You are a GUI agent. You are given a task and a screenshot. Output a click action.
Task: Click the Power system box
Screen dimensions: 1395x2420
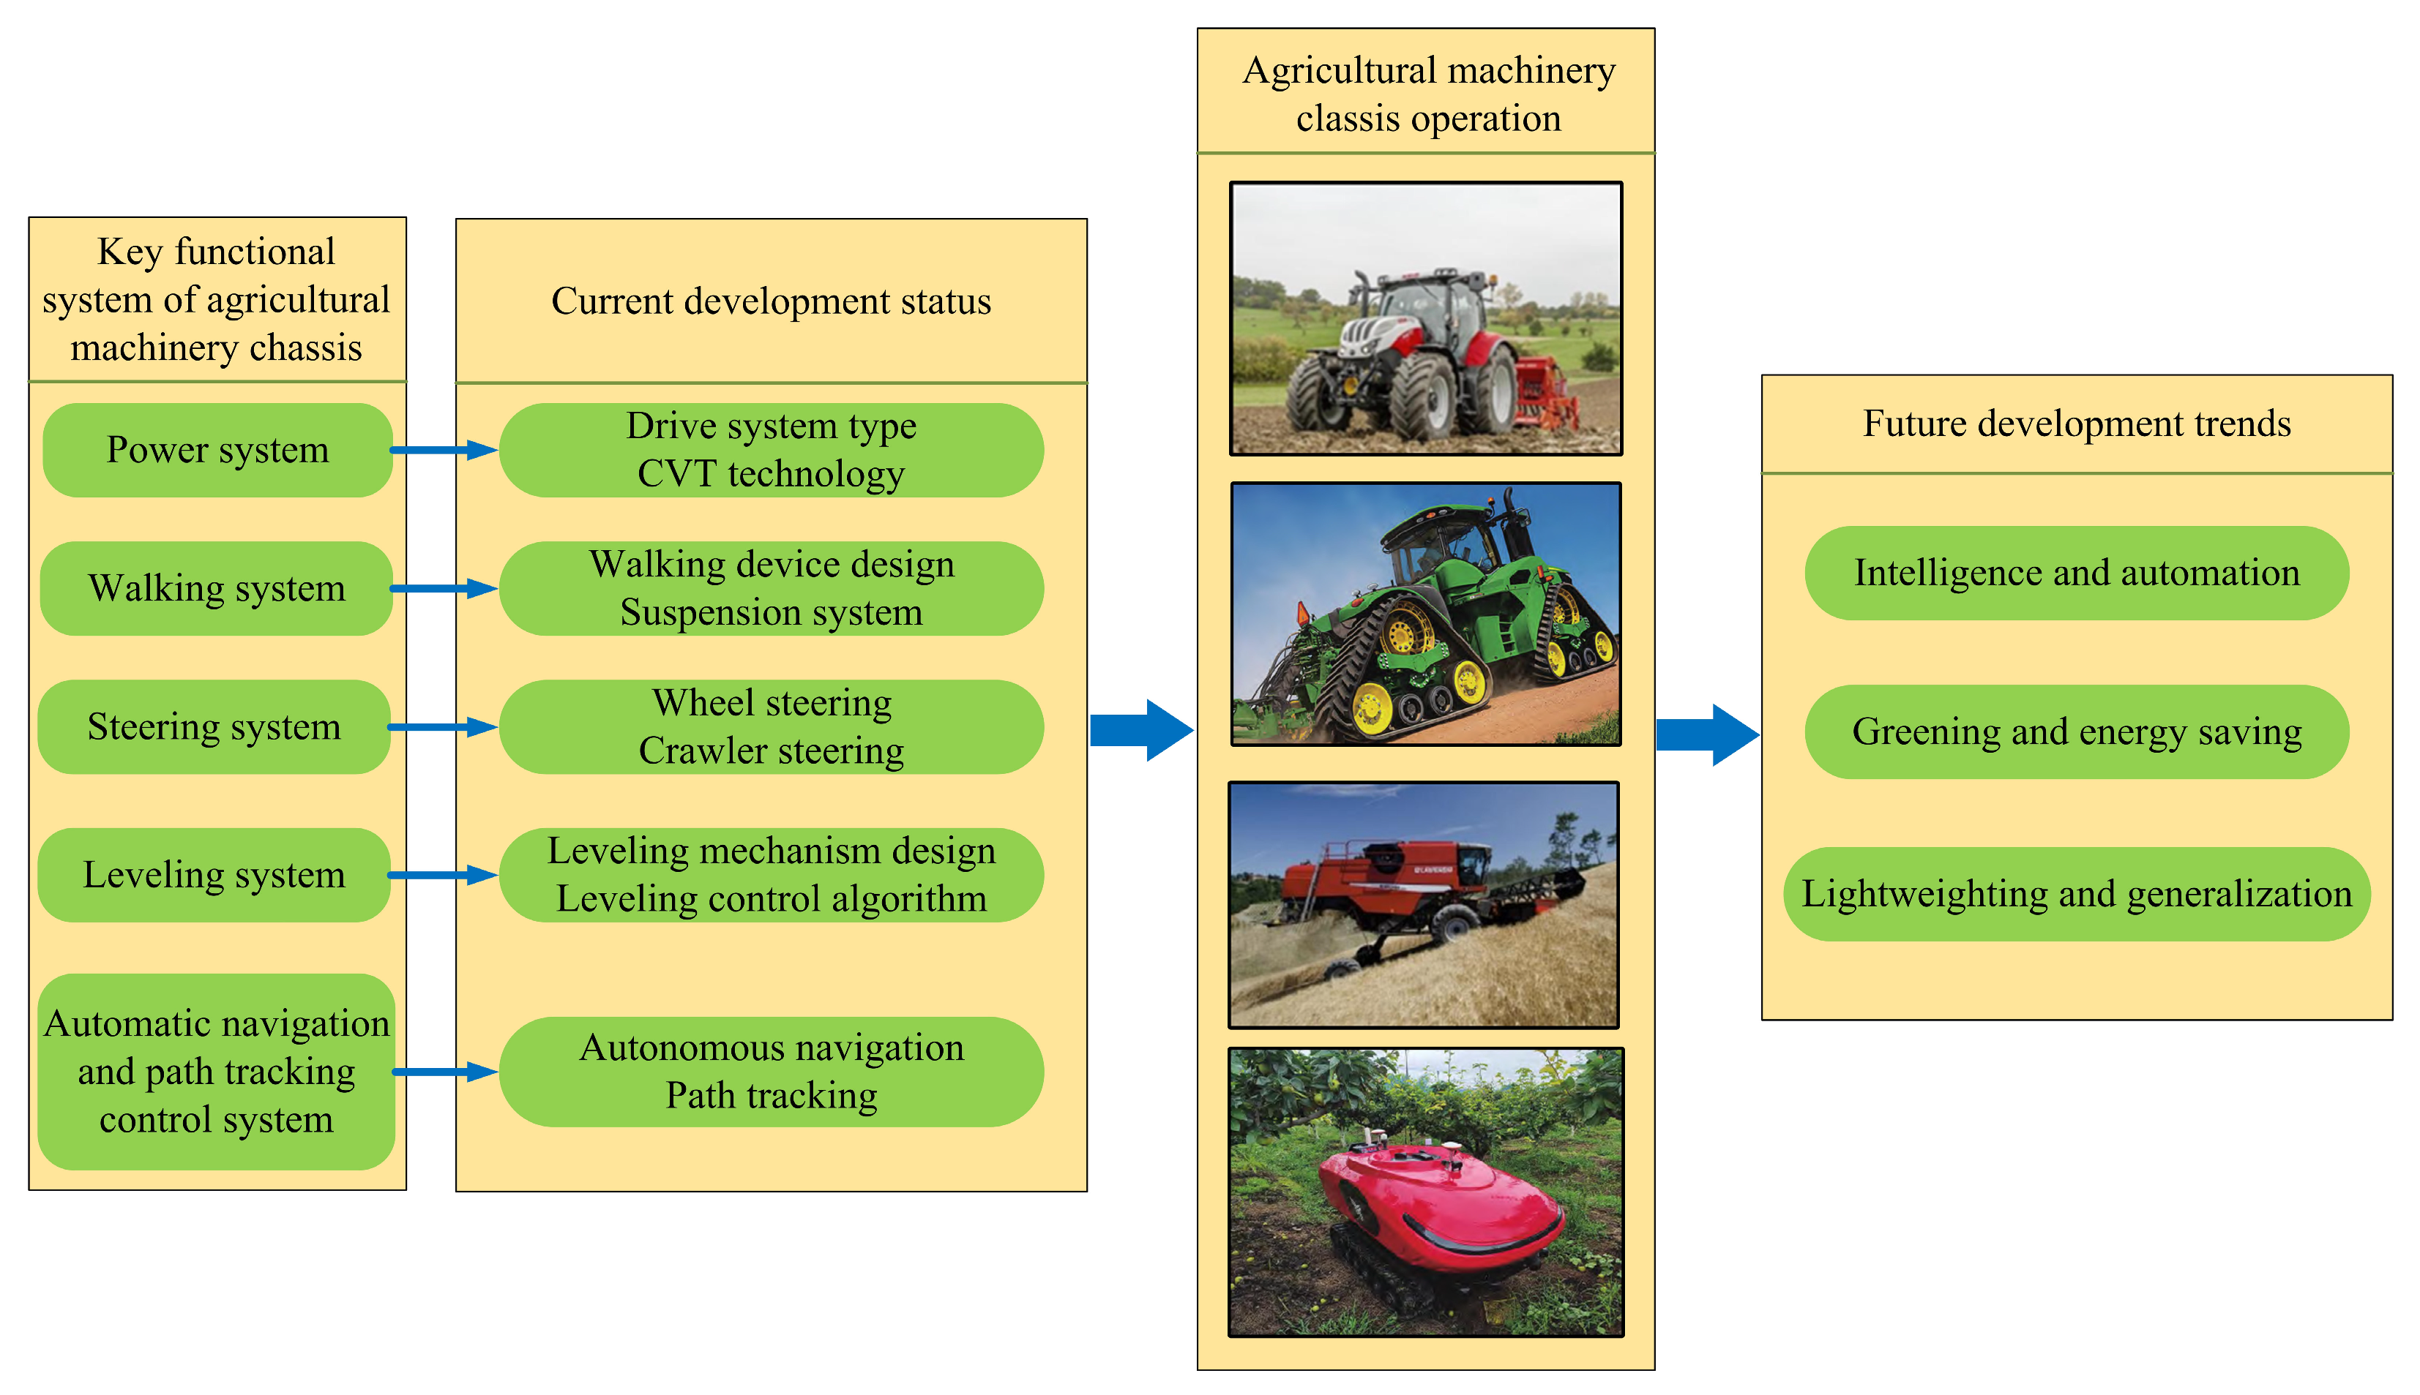click(217, 449)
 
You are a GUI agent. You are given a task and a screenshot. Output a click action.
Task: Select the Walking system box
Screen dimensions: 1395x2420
click(217, 588)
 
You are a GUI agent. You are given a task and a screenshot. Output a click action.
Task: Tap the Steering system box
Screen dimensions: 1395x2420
click(214, 727)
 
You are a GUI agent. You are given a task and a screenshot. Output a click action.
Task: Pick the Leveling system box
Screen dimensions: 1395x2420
click(214, 875)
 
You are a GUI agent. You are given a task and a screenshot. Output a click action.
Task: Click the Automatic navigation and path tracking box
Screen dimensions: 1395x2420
click(217, 1071)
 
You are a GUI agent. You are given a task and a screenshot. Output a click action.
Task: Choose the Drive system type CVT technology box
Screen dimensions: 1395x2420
click(771, 449)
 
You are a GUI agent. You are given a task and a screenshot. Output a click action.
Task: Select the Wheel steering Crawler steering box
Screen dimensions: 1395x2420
click(771, 727)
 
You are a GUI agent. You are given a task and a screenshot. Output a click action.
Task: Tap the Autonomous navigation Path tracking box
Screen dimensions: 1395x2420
click(771, 1071)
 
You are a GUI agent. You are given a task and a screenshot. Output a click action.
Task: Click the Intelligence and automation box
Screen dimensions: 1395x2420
click(2076, 573)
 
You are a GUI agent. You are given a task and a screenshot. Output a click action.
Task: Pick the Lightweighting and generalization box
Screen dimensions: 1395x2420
click(2076, 894)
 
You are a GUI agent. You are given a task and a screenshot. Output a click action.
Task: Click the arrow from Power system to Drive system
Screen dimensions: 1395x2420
click(444, 449)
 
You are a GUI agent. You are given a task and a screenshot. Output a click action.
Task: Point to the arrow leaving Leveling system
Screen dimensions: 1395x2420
click(444, 875)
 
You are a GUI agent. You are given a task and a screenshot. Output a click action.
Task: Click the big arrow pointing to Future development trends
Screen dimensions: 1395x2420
click(1707, 735)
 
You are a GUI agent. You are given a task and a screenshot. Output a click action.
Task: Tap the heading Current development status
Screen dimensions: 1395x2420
click(771, 301)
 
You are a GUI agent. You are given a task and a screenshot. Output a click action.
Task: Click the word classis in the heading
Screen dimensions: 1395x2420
click(1347, 119)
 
